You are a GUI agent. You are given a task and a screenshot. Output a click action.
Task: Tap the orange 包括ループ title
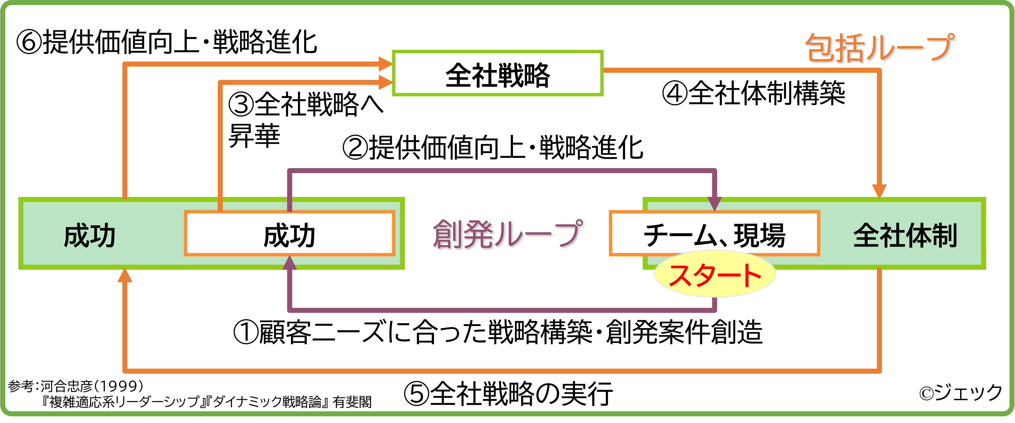(x=881, y=48)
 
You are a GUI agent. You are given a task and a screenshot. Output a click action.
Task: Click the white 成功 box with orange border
(x=289, y=233)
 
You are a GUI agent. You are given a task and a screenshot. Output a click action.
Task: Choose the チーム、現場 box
(x=714, y=233)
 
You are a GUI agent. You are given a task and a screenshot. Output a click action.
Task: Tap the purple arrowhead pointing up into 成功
(x=290, y=263)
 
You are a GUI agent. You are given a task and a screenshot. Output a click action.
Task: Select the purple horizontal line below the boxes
(x=500, y=310)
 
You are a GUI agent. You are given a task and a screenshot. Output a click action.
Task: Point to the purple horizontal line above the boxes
(x=500, y=170)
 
